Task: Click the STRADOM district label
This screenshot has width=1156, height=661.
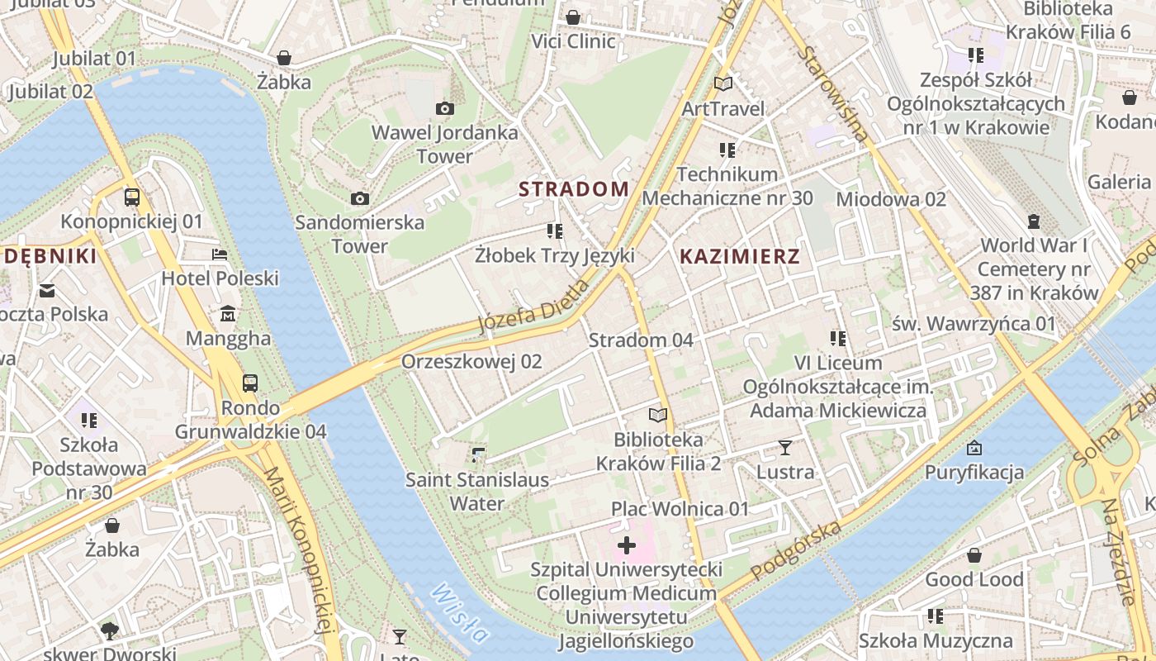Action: [574, 189]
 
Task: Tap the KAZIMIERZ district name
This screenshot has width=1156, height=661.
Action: [739, 256]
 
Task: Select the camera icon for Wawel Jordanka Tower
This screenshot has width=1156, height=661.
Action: [445, 108]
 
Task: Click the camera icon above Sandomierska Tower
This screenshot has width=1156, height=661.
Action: [359, 198]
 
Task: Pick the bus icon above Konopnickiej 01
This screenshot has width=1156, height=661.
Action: [131, 197]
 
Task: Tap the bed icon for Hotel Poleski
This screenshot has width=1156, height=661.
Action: [220, 254]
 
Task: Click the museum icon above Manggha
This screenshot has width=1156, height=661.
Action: [228, 314]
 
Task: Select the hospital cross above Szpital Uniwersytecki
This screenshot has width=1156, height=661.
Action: [627, 545]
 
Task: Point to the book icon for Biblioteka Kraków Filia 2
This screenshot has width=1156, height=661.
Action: [658, 415]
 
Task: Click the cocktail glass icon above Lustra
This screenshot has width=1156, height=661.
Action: [785, 448]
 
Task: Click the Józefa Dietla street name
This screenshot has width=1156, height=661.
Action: [534, 307]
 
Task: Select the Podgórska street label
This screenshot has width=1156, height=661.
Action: [797, 550]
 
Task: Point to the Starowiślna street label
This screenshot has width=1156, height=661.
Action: [833, 95]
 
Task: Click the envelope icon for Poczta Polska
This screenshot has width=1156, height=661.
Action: [47, 290]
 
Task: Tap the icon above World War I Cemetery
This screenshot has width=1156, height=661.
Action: [1033, 221]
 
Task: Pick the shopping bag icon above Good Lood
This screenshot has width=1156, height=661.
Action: [974, 555]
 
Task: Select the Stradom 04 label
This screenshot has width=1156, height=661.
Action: [641, 340]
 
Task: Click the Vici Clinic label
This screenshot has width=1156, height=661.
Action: [573, 41]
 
